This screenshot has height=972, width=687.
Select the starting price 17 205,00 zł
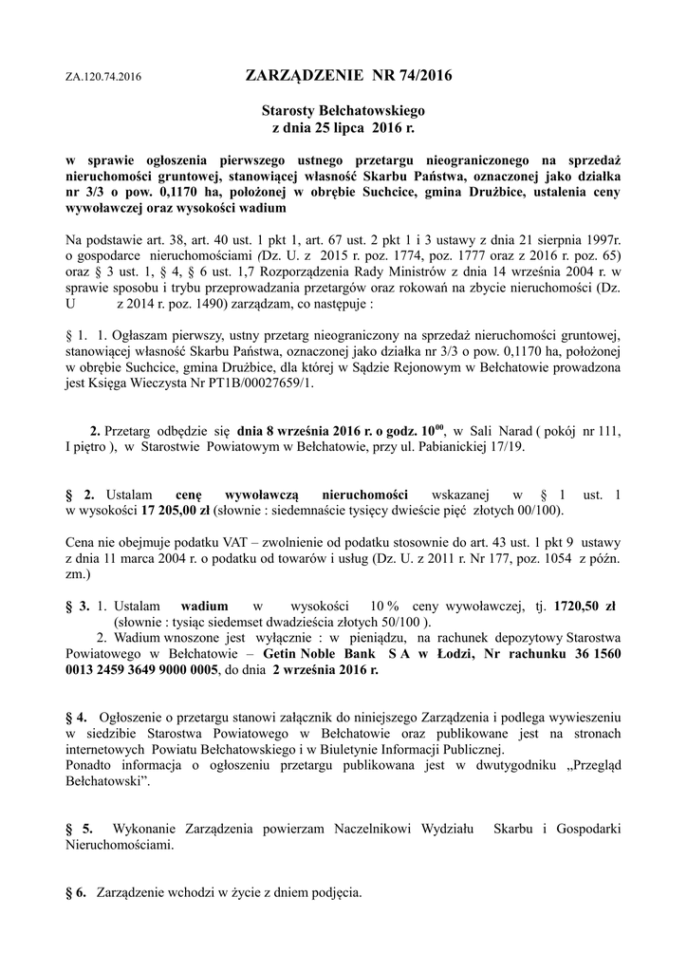(x=179, y=510)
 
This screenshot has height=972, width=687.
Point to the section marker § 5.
(x=79, y=829)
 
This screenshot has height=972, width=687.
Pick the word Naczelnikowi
(x=378, y=829)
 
